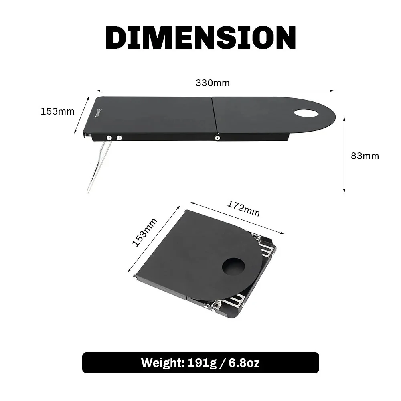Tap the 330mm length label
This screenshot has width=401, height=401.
coord(213,83)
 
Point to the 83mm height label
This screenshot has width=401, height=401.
coord(365,156)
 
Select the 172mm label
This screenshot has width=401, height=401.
coord(244,208)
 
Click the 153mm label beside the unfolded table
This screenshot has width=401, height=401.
coord(57,111)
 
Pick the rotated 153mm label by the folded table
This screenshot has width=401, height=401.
coord(144,233)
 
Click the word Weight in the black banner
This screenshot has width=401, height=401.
coord(160,363)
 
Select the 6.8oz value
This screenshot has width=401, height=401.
coord(244,363)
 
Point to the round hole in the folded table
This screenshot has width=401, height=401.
coord(233,267)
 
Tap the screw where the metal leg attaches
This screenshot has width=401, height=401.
coord(109,138)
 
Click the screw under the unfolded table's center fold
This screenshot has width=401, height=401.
coord(217,138)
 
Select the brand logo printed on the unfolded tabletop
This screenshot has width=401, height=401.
coord(98,114)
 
